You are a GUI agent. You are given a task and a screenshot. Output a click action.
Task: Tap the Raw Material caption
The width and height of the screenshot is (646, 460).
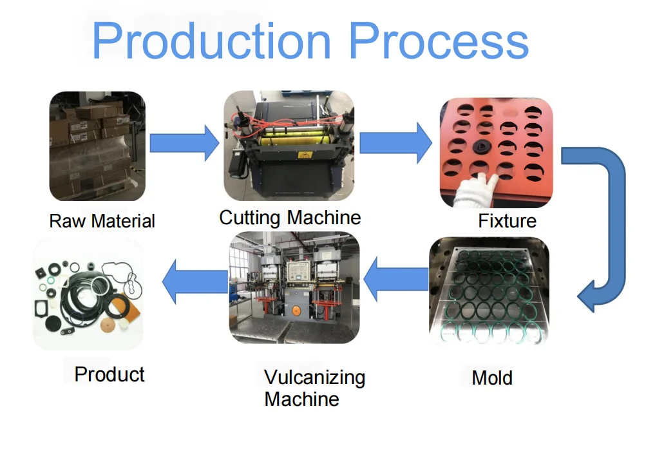click(102, 221)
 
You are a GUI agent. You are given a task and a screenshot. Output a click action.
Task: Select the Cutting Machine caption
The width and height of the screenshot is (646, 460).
click(290, 217)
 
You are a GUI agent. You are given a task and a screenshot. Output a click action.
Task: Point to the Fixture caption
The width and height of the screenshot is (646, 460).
click(507, 221)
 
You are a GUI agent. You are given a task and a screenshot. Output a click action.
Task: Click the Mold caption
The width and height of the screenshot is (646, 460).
click(492, 378)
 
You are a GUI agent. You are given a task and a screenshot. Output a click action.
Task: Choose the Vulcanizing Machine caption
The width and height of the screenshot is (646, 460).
click(314, 388)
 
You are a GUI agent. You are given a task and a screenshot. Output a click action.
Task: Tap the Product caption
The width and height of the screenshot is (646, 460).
click(109, 374)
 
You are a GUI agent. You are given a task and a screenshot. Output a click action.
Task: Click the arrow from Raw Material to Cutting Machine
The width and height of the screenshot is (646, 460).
click(184, 143)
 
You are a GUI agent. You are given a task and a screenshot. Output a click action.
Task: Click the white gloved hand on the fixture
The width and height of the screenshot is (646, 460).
click(477, 190)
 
